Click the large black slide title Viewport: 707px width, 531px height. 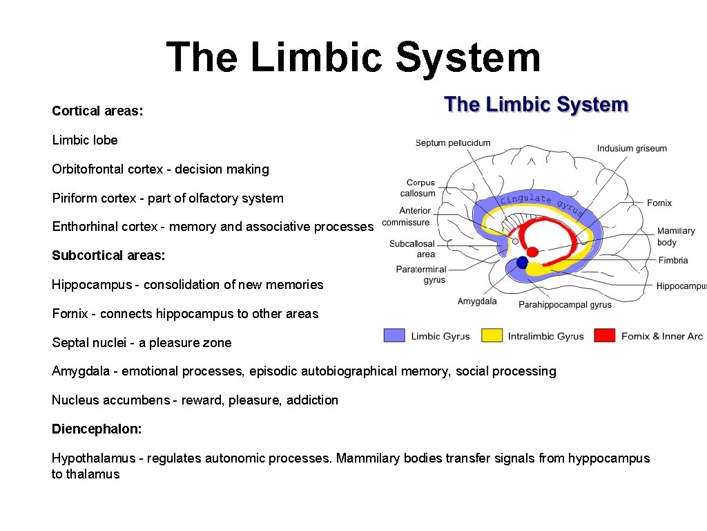353,57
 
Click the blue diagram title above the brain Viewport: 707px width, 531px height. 536,105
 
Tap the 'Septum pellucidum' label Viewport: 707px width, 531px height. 453,143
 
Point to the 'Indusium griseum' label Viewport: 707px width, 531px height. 632,148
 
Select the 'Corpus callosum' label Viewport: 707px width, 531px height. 420,188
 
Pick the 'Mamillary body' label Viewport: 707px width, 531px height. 675,236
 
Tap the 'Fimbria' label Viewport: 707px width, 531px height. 672,261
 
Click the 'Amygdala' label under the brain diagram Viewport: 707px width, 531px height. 477,301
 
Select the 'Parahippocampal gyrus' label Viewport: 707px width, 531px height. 565,304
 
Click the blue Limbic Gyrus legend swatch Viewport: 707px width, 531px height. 394,336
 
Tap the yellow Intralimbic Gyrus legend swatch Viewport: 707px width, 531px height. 491,336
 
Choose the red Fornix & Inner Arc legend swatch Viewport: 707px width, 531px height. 605,336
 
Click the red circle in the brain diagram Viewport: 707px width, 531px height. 533,251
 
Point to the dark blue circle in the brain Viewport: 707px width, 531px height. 522,263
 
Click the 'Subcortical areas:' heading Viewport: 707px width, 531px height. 108,256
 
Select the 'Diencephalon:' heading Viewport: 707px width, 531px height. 97,429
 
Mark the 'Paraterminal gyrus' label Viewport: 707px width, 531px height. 421,274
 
